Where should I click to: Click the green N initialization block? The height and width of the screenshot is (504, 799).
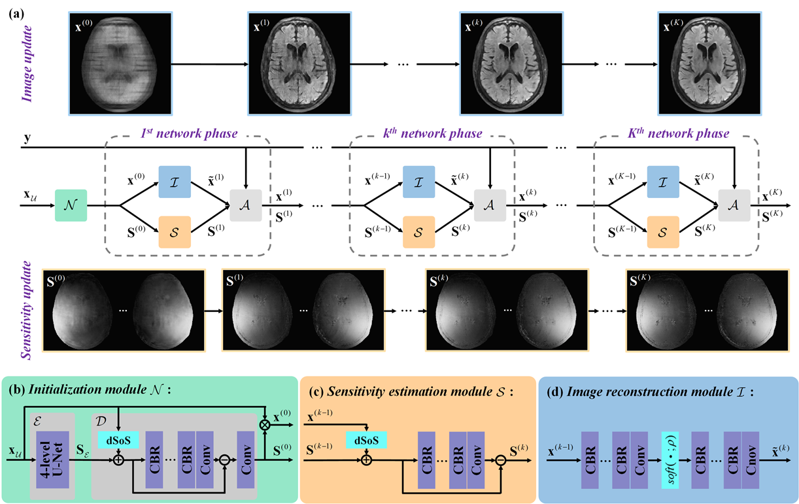pos(71,205)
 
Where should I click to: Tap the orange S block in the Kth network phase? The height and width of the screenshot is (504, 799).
pos(664,231)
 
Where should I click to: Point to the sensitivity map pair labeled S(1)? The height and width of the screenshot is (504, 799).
pos(301,311)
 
